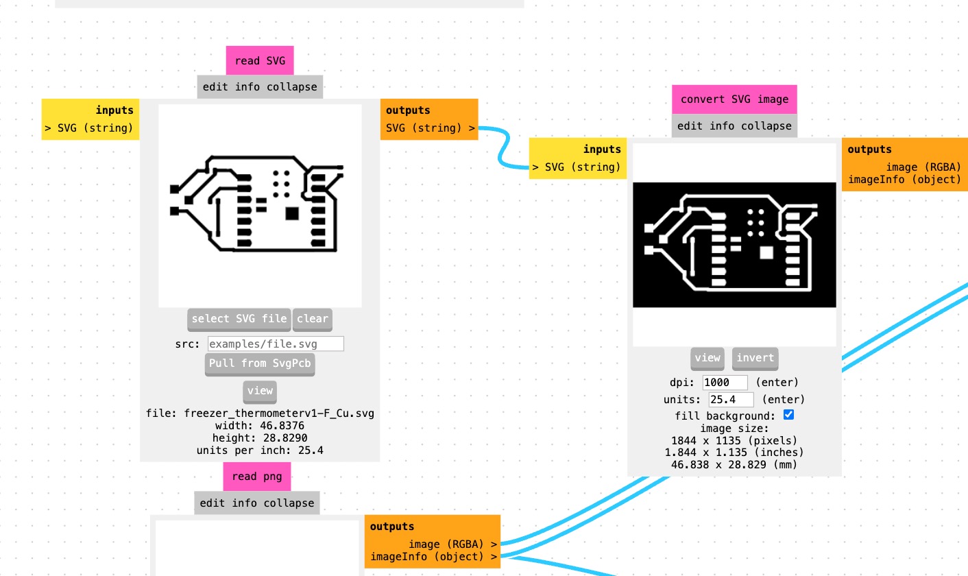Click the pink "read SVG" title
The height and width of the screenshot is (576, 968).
tap(260, 61)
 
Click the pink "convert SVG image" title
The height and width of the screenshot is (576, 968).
tap(734, 99)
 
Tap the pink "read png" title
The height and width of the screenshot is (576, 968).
tap(256, 477)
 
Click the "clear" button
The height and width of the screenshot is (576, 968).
tap(313, 319)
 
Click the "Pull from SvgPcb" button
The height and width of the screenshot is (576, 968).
tap(260, 363)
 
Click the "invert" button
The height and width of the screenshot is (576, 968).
tap(755, 358)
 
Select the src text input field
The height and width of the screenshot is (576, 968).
tap(276, 344)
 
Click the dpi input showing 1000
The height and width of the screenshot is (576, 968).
tap(725, 383)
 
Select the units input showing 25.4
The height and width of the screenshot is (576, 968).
tap(731, 399)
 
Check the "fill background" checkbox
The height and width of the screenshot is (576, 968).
tap(788, 415)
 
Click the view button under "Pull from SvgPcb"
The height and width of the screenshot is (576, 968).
tap(260, 391)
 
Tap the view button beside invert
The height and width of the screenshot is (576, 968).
tap(707, 358)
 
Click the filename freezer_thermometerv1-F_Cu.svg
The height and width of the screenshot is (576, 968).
tap(260, 413)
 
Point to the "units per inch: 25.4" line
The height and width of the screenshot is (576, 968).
tap(260, 451)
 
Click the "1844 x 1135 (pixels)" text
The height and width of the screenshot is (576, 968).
tap(734, 440)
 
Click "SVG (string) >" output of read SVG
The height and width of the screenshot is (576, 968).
tap(430, 128)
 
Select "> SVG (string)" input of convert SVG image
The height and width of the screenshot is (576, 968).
tap(577, 167)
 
